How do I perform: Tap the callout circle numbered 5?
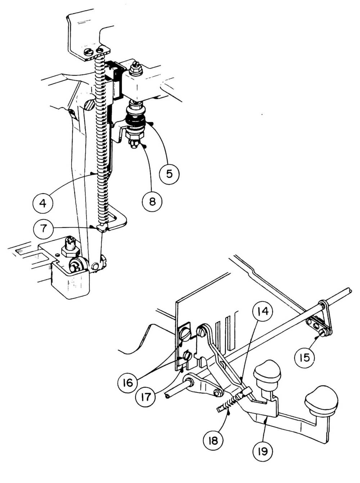coord(169,173)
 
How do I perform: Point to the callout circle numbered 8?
coord(152,201)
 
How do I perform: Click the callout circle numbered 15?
coord(305,358)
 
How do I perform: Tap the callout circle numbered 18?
coord(213,439)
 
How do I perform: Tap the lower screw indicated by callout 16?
coord(188,356)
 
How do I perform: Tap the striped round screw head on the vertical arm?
coord(90,104)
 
